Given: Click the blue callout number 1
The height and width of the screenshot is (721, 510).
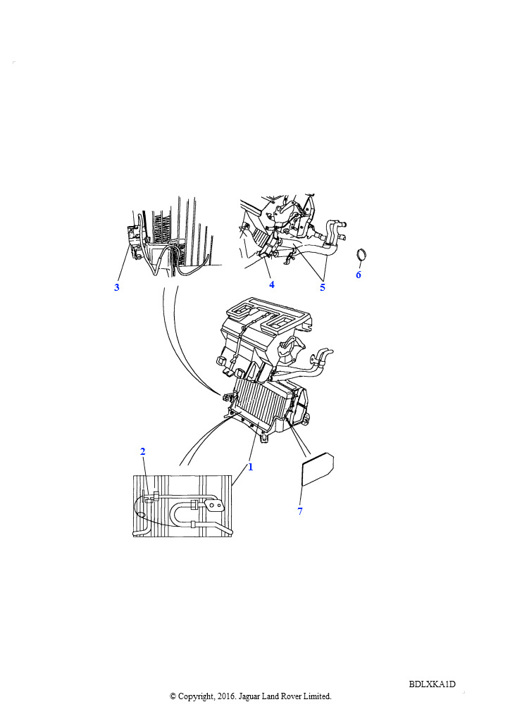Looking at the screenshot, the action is point(251,467).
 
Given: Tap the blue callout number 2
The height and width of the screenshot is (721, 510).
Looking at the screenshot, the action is point(142,451).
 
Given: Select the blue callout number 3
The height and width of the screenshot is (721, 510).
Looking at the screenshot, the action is point(117,287).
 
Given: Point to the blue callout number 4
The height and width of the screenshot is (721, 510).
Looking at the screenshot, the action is point(272,284).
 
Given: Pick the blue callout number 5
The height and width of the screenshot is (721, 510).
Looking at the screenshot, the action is point(323,287).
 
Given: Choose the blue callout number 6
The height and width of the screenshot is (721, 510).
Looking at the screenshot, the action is point(359,275).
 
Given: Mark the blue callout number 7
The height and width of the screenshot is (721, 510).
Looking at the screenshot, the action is point(300,511).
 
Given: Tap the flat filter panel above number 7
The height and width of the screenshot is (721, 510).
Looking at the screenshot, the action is point(317,469).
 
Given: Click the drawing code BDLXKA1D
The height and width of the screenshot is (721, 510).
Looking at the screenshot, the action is point(433,684).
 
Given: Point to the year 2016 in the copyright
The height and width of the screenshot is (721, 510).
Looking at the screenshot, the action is point(225,696).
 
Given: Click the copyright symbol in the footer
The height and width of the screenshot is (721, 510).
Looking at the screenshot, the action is point(173,696).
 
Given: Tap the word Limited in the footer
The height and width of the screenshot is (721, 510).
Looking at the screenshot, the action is point(317,696).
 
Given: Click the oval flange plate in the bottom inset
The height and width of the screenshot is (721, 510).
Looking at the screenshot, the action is point(214,506).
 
